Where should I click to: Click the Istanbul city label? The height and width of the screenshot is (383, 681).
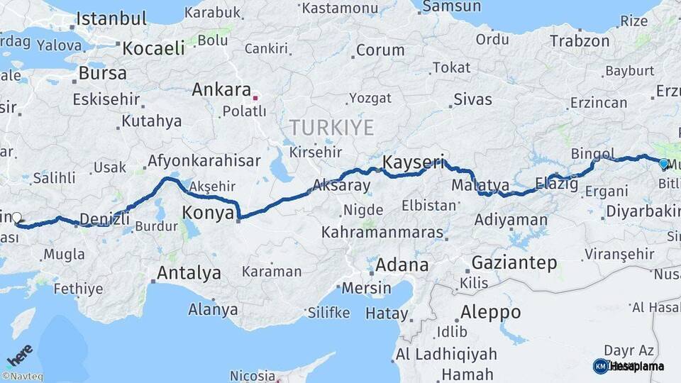tap(111, 18)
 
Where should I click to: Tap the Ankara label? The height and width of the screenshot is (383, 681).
tap(221, 91)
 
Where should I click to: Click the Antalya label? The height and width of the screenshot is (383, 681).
tap(189, 273)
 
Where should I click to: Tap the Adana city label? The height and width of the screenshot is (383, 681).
tap(402, 265)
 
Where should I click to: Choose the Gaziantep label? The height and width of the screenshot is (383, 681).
tap(504, 263)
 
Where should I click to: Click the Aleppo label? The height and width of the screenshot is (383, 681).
tap(490, 312)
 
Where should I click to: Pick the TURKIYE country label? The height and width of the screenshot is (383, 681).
tap(331, 128)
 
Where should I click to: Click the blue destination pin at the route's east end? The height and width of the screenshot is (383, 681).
tap(663, 164)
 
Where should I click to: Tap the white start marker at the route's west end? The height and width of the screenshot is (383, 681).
tap(16, 218)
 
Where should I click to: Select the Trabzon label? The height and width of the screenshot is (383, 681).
tap(580, 41)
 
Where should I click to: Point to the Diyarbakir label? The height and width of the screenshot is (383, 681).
tap(643, 211)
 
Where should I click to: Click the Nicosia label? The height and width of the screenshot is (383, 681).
tap(253, 375)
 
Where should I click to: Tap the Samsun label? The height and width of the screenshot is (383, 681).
tap(451, 6)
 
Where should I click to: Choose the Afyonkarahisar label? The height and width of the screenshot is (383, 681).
tap(204, 161)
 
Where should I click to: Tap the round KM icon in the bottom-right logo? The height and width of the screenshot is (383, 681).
tap(601, 366)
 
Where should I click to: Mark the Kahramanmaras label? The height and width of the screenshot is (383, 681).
tap(383, 232)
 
